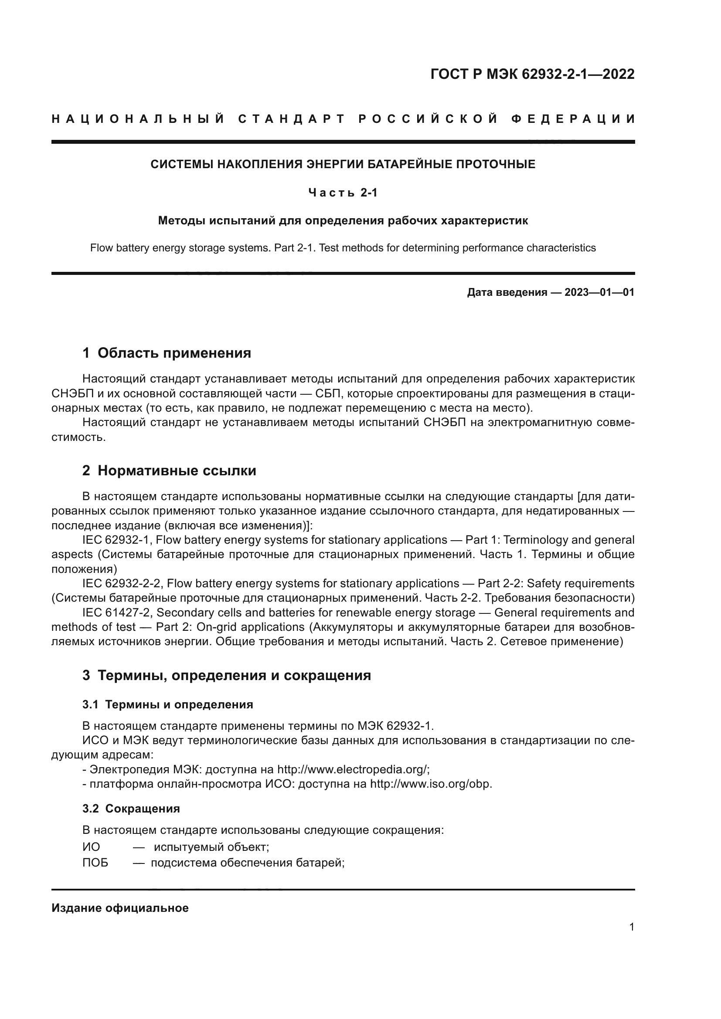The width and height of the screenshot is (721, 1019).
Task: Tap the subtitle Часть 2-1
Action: pyautogui.click(x=343, y=193)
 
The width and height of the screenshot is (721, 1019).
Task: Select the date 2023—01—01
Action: pyautogui.click(x=599, y=292)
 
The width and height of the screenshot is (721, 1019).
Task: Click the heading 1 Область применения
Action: pyautogui.click(x=167, y=353)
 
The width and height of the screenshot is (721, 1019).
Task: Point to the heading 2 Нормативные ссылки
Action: pyautogui.click(x=169, y=471)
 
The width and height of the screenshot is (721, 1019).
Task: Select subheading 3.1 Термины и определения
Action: pyautogui.click(x=168, y=704)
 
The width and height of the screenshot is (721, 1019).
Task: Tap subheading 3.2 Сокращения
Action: pyautogui.click(x=131, y=809)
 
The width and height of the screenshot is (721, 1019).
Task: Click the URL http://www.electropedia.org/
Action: pyautogui.click(x=353, y=769)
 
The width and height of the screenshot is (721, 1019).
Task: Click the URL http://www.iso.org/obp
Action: pyautogui.click(x=430, y=784)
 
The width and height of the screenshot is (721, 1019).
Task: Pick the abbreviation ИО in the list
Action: pyautogui.click(x=92, y=847)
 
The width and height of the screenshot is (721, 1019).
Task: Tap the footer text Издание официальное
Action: pyautogui.click(x=120, y=908)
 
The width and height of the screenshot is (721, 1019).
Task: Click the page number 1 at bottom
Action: pyautogui.click(x=632, y=927)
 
